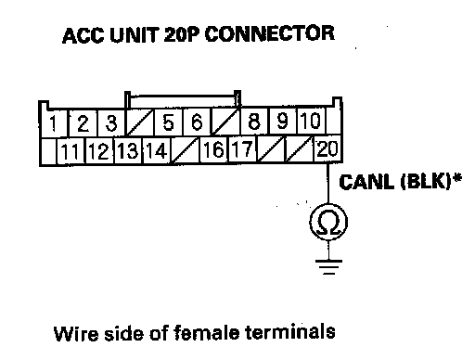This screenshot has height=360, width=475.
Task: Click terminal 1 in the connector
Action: [54, 122]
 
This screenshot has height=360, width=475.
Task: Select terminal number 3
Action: [111, 122]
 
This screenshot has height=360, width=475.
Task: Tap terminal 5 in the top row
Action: [168, 122]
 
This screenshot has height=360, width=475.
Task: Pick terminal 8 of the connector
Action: [254, 121]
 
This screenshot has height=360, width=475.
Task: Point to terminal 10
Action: [311, 121]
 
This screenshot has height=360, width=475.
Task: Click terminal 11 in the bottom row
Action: [71, 151]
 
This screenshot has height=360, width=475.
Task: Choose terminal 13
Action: [128, 150]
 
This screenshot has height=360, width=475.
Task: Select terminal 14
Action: [157, 150]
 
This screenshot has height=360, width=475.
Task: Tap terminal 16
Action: [213, 149]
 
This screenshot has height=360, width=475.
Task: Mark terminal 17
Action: [242, 149]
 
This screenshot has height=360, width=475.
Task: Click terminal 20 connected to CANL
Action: [327, 148]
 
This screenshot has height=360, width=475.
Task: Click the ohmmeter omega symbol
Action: [328, 223]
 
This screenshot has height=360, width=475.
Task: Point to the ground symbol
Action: [328, 267]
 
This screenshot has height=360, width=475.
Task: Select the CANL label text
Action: [366, 182]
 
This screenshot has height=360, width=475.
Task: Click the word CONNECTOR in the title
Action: [270, 33]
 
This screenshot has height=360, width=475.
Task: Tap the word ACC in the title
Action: [83, 35]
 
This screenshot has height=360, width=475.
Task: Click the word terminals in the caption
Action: [290, 332]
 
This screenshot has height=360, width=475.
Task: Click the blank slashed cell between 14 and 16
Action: [186, 150]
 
